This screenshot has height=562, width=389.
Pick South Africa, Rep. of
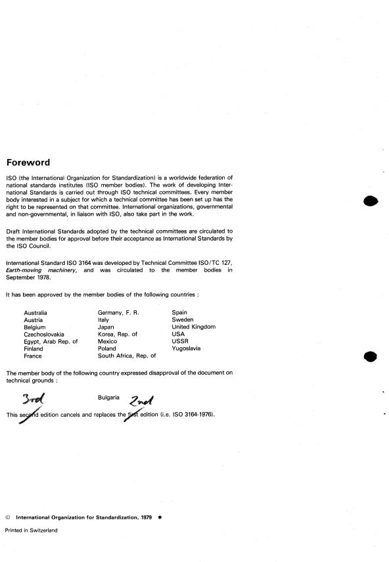tap(127, 356)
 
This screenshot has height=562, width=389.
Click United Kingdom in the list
tap(193, 327)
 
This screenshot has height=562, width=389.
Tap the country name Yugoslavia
tap(187, 348)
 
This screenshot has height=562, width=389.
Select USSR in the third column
tap(180, 341)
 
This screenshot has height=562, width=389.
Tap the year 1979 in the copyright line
tap(145, 517)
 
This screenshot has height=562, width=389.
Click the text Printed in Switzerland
tap(32, 530)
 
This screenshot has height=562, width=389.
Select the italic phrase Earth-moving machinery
tap(53, 269)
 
